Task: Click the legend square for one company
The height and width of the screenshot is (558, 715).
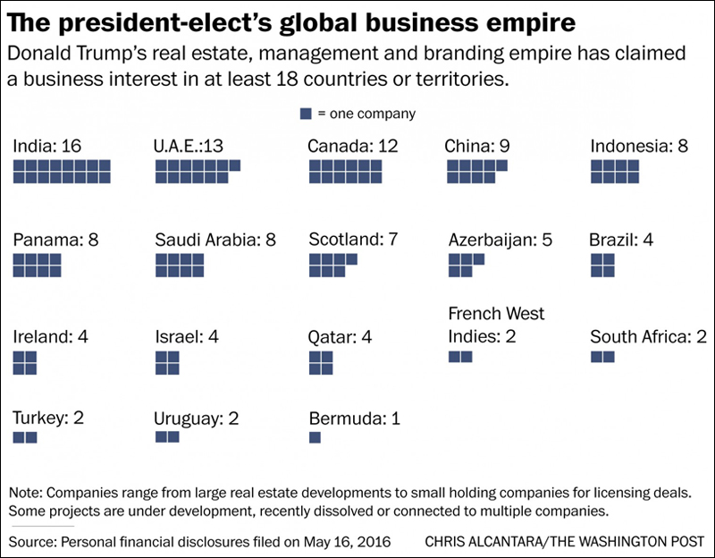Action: pos(306,114)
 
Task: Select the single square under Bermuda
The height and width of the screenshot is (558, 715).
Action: pos(315,437)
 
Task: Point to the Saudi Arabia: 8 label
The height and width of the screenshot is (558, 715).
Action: pos(215,240)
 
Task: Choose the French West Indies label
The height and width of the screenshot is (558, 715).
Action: pos(496,325)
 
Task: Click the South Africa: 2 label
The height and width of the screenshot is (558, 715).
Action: pos(649,337)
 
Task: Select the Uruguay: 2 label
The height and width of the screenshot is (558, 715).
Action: pos(197,418)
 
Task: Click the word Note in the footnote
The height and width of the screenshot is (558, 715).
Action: pos(26,493)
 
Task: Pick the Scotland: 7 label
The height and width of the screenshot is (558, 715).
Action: pos(354,240)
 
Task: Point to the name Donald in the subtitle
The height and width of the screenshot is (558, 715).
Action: pos(33,55)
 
